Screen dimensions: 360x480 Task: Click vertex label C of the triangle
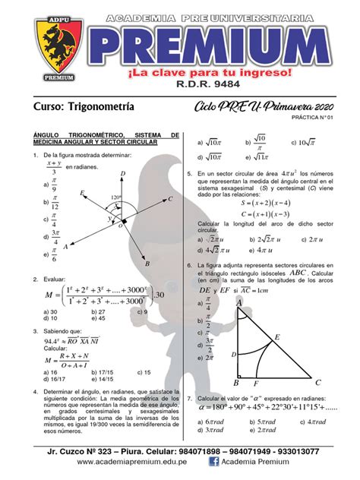(317, 383)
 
